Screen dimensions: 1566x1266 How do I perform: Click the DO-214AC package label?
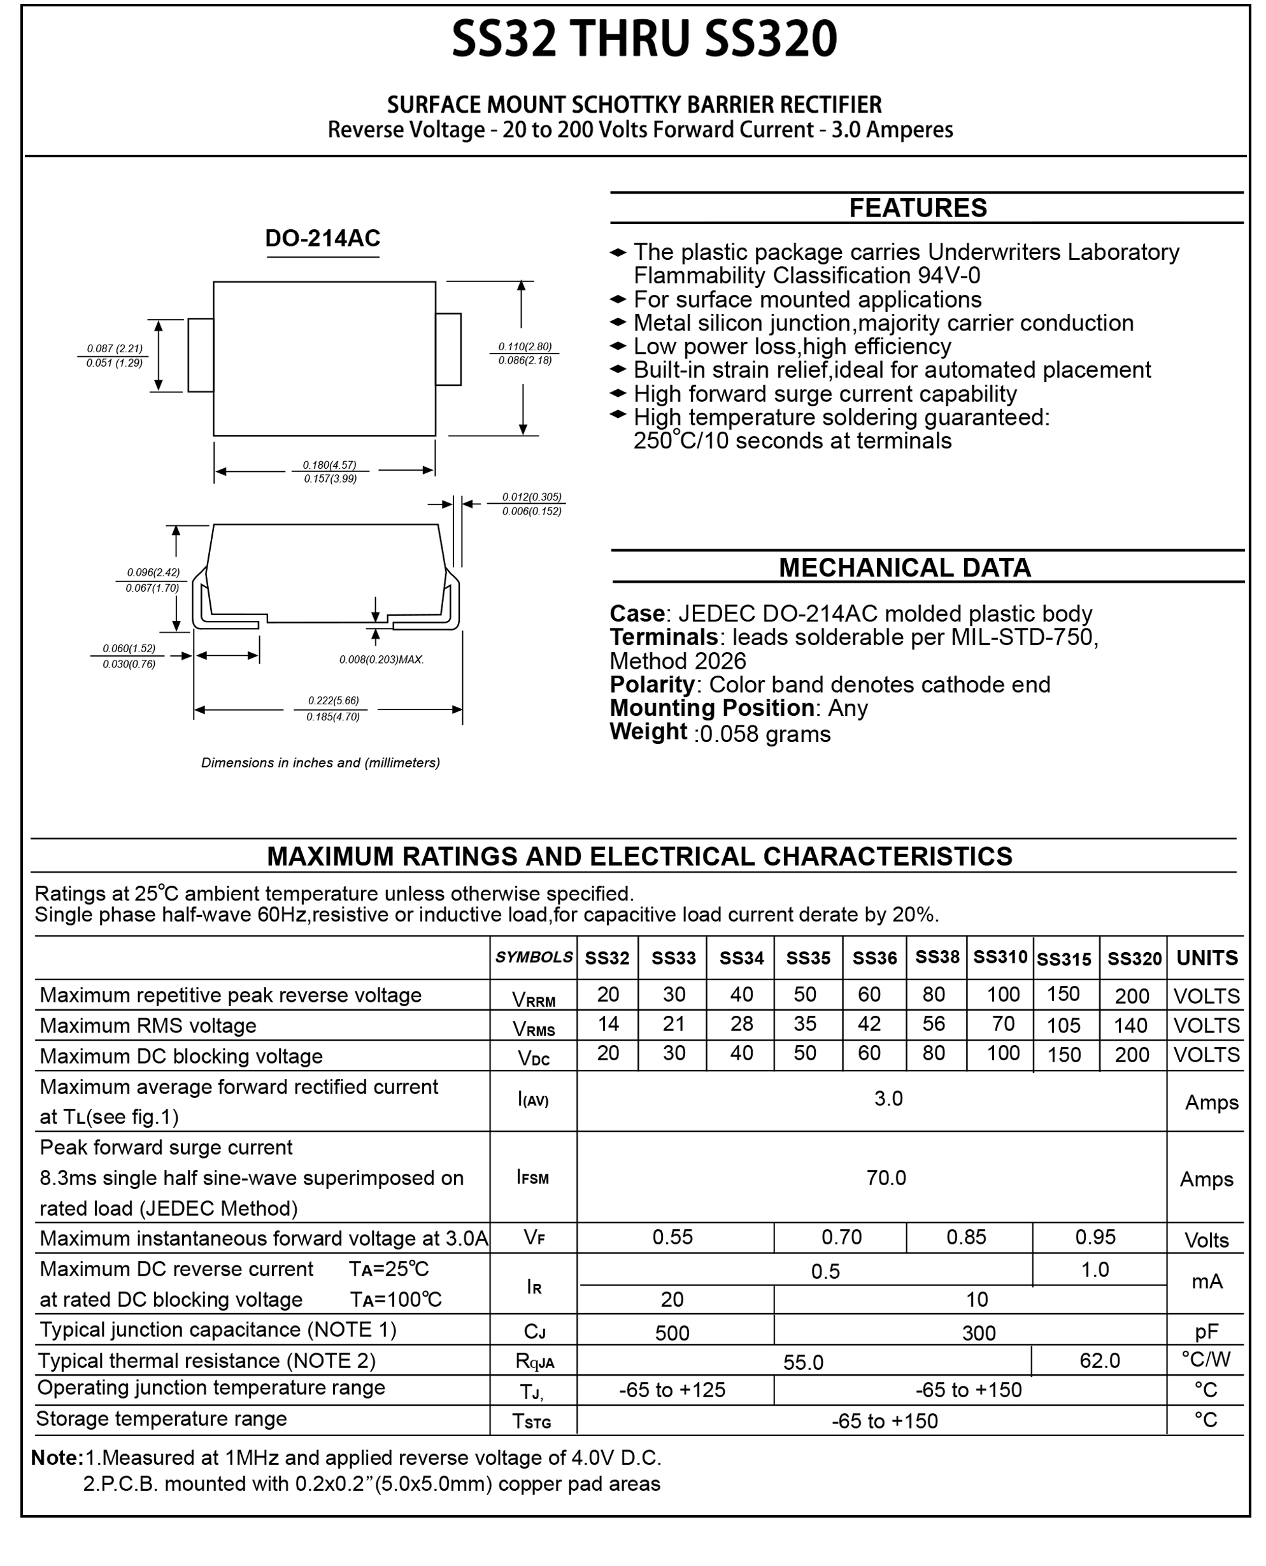pyautogui.click(x=322, y=239)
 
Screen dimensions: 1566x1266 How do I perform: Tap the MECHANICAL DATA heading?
pyautogui.click(x=904, y=567)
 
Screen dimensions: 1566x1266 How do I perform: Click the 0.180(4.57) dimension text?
pyautogui.click(x=330, y=465)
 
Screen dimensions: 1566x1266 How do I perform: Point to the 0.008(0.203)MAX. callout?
pyautogui.click(x=381, y=659)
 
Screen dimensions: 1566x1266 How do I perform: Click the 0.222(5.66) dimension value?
pyautogui.click(x=333, y=701)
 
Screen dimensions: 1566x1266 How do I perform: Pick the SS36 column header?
pyautogui.click(x=874, y=958)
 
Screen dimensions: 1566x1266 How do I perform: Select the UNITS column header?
pyautogui.click(x=1206, y=958)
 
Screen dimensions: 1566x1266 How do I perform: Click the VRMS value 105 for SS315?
pyautogui.click(x=1063, y=1025)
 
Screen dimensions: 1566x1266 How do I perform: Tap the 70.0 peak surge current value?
pyautogui.click(x=886, y=1178)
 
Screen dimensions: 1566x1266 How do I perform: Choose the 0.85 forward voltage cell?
pyautogui.click(x=966, y=1237)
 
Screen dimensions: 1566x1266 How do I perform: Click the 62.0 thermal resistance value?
pyautogui.click(x=1099, y=1360)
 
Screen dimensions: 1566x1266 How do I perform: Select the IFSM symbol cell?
pyautogui.click(x=532, y=1178)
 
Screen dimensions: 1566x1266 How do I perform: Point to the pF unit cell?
pyautogui.click(x=1206, y=1332)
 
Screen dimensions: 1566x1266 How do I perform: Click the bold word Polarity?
pyautogui.click(x=651, y=684)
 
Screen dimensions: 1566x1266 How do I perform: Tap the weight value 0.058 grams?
pyautogui.click(x=764, y=734)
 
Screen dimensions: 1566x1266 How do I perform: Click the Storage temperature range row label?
pyautogui.click(x=161, y=1419)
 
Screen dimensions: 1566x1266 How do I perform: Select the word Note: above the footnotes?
pyautogui.click(x=57, y=1457)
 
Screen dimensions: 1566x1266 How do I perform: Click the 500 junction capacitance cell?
pyautogui.click(x=672, y=1332)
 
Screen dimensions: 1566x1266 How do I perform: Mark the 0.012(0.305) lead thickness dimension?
pyautogui.click(x=532, y=497)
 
